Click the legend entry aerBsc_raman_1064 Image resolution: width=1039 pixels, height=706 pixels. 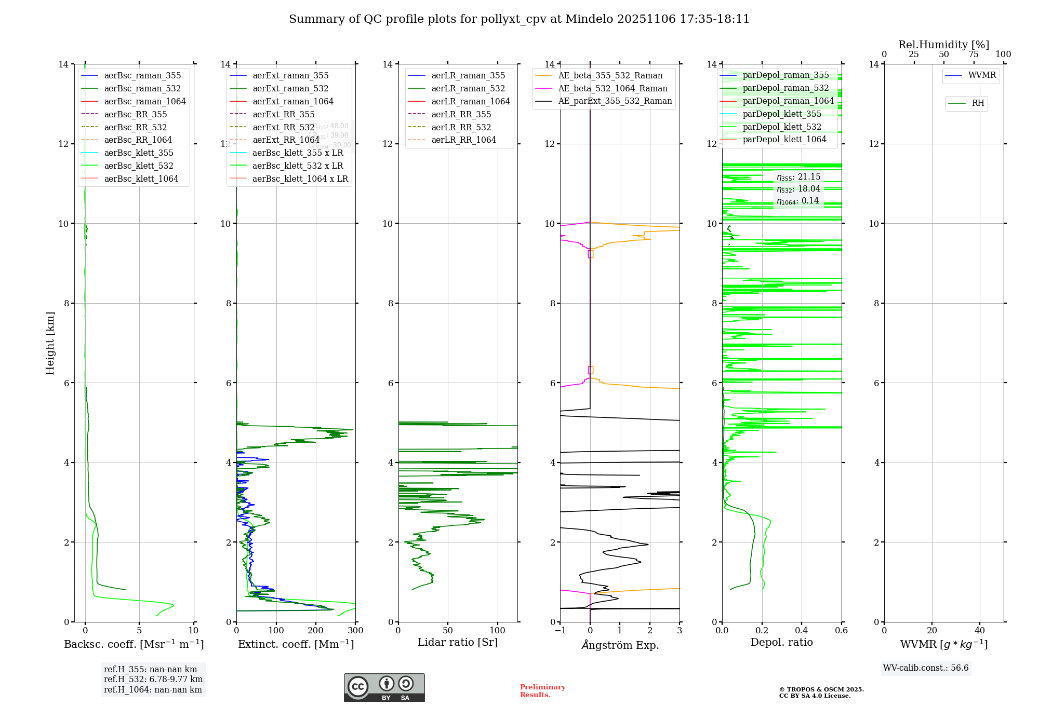click(x=145, y=101)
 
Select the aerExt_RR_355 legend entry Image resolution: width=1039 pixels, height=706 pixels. click(x=284, y=114)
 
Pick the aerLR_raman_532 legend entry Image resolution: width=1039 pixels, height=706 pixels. click(x=468, y=88)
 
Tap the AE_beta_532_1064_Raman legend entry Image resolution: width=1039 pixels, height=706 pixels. click(x=612, y=88)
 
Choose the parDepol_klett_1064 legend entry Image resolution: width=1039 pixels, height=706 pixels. click(x=784, y=139)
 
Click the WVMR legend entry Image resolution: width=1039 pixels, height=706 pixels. click(x=982, y=75)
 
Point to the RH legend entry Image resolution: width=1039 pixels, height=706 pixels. click(x=978, y=103)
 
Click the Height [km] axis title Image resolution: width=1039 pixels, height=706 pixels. click(x=50, y=343)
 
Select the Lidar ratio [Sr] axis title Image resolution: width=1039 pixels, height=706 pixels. click(x=458, y=642)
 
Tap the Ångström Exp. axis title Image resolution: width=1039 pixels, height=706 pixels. click(x=620, y=645)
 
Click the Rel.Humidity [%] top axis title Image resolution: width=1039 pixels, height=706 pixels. click(x=943, y=45)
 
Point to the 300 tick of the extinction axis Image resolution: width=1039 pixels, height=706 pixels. click(x=355, y=630)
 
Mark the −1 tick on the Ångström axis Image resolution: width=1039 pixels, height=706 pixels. click(x=560, y=630)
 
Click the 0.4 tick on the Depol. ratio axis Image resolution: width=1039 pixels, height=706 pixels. click(x=802, y=630)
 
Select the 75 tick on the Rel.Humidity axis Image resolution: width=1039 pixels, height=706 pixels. click(x=974, y=54)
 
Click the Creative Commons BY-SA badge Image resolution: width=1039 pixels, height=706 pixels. click(x=384, y=688)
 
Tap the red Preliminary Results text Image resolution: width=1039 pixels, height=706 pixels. click(x=542, y=690)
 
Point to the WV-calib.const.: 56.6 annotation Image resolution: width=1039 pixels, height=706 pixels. click(x=926, y=668)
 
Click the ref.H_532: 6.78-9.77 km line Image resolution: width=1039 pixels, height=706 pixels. click(x=153, y=679)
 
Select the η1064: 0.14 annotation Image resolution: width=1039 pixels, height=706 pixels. click(x=798, y=201)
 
